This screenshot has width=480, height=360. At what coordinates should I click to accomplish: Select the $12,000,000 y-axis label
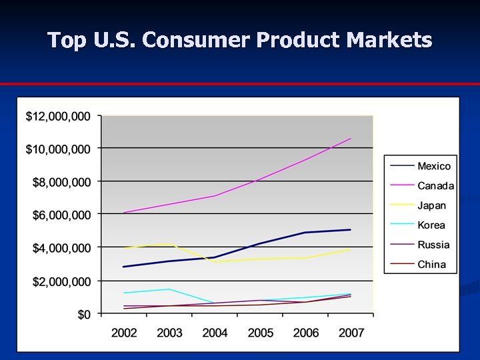point(57,117)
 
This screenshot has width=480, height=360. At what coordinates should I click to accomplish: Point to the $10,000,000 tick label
point(57,149)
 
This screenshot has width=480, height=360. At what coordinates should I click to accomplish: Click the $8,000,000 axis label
point(61,182)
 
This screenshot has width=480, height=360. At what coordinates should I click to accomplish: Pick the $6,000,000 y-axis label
point(61,215)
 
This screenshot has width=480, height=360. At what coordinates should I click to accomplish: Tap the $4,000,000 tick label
point(61,248)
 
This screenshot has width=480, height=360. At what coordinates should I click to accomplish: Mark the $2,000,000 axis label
point(61,281)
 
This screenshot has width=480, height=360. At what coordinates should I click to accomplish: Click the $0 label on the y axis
point(83,315)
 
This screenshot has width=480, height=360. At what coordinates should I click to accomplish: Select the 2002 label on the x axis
point(124,333)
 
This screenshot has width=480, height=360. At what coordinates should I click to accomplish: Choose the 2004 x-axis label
point(215,333)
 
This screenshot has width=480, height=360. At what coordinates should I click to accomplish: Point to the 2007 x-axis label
point(351,333)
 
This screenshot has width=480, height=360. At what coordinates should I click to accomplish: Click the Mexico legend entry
point(433,166)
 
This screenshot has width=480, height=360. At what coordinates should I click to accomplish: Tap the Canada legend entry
point(435,186)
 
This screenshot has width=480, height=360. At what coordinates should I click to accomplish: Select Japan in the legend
point(431,205)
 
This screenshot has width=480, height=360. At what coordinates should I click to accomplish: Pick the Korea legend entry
point(431,225)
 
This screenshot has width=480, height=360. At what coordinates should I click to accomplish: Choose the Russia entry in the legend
point(433,245)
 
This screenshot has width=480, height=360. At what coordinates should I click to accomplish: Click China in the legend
point(431,265)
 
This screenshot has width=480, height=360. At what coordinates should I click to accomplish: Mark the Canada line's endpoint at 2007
point(351,139)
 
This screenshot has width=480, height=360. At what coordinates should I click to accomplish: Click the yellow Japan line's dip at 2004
point(215,261)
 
